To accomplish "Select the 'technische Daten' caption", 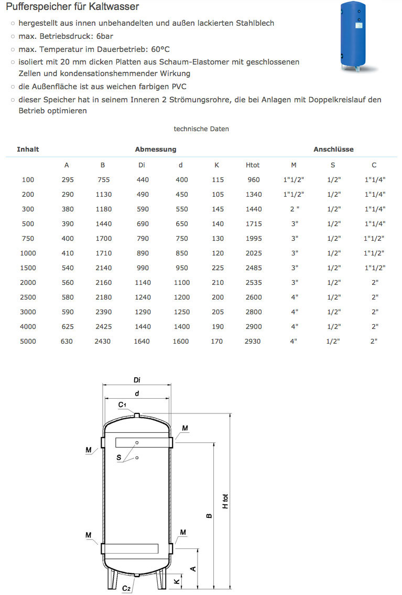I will pyautogui.click(x=201, y=129).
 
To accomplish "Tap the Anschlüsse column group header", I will pyautogui.click(x=333, y=149).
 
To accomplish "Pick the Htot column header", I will pyautogui.click(x=253, y=165).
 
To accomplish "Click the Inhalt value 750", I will pyautogui.click(x=28, y=238).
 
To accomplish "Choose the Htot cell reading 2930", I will pyautogui.click(x=253, y=341).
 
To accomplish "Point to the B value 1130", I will pyautogui.click(x=103, y=194).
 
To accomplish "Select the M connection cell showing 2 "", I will pyautogui.click(x=294, y=209).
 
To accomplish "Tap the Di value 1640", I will pyautogui.click(x=142, y=341).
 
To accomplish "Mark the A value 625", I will pyautogui.click(x=67, y=326).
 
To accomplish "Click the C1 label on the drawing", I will pyautogui.click(x=122, y=405).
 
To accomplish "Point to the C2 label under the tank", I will pyautogui.click(x=126, y=588).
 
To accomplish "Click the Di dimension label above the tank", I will pyautogui.click(x=137, y=380).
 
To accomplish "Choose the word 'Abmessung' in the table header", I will pyautogui.click(x=156, y=149).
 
